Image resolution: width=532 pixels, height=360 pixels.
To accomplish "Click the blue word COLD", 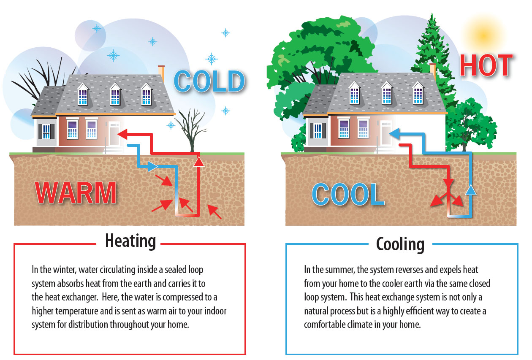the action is click(x=209, y=81).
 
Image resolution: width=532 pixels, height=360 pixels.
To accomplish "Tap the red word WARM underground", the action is click(x=76, y=193).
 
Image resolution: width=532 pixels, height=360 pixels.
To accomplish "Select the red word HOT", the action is click(x=486, y=66).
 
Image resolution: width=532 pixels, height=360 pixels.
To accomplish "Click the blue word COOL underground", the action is click(x=347, y=195).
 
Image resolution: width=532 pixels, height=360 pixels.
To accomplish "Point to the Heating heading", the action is click(x=130, y=241).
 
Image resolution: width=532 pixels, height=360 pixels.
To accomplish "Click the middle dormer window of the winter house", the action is click(x=116, y=95).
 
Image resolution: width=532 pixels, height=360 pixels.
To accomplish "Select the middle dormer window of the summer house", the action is click(x=387, y=93).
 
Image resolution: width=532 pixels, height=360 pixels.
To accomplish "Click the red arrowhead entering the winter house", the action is click(x=121, y=135).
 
